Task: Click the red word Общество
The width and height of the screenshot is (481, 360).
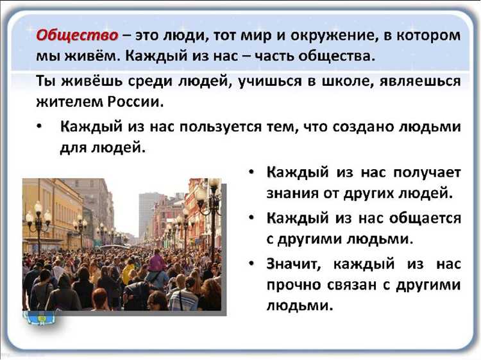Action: [77, 35]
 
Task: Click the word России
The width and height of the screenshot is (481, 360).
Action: [127, 102]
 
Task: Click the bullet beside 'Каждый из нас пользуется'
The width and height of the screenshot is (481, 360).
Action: [40, 126]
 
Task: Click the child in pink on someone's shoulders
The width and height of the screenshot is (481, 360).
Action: [156, 259]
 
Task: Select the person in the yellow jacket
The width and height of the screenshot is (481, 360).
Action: [129, 272]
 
